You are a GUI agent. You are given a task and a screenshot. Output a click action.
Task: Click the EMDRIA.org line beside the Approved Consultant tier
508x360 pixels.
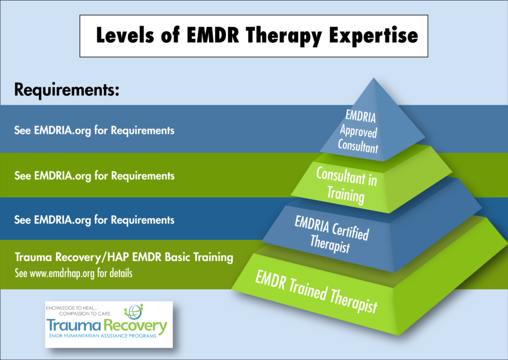click(94, 131)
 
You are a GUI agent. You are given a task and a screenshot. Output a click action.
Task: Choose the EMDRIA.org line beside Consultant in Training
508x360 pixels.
click(94, 176)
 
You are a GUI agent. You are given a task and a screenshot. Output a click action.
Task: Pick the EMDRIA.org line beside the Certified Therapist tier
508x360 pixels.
click(94, 220)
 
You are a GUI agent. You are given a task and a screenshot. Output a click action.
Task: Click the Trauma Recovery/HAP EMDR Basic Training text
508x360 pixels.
click(124, 257)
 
